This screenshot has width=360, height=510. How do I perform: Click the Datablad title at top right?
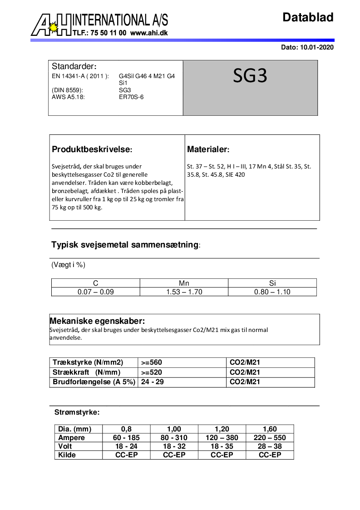tap(308, 17)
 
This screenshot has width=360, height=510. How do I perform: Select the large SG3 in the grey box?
tap(250, 76)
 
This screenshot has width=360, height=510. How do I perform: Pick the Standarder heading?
tap(74, 66)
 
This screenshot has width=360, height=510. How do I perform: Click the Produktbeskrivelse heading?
tap(92, 149)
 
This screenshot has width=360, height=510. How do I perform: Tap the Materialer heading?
tap(208, 149)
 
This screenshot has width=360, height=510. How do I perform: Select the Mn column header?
tap(184, 283)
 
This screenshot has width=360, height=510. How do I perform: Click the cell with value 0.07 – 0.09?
tap(95, 292)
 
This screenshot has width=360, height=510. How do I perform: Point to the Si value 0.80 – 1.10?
tap(272, 292)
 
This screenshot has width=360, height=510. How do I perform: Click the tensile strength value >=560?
tap(151, 362)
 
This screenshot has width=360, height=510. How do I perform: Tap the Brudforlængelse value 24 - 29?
tap(153, 382)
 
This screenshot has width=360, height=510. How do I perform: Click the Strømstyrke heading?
tap(77, 412)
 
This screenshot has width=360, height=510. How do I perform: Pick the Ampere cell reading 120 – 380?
tap(222, 438)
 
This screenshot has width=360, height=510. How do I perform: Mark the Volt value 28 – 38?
tap(270, 446)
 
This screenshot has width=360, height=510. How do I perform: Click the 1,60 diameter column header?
tap(270, 429)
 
